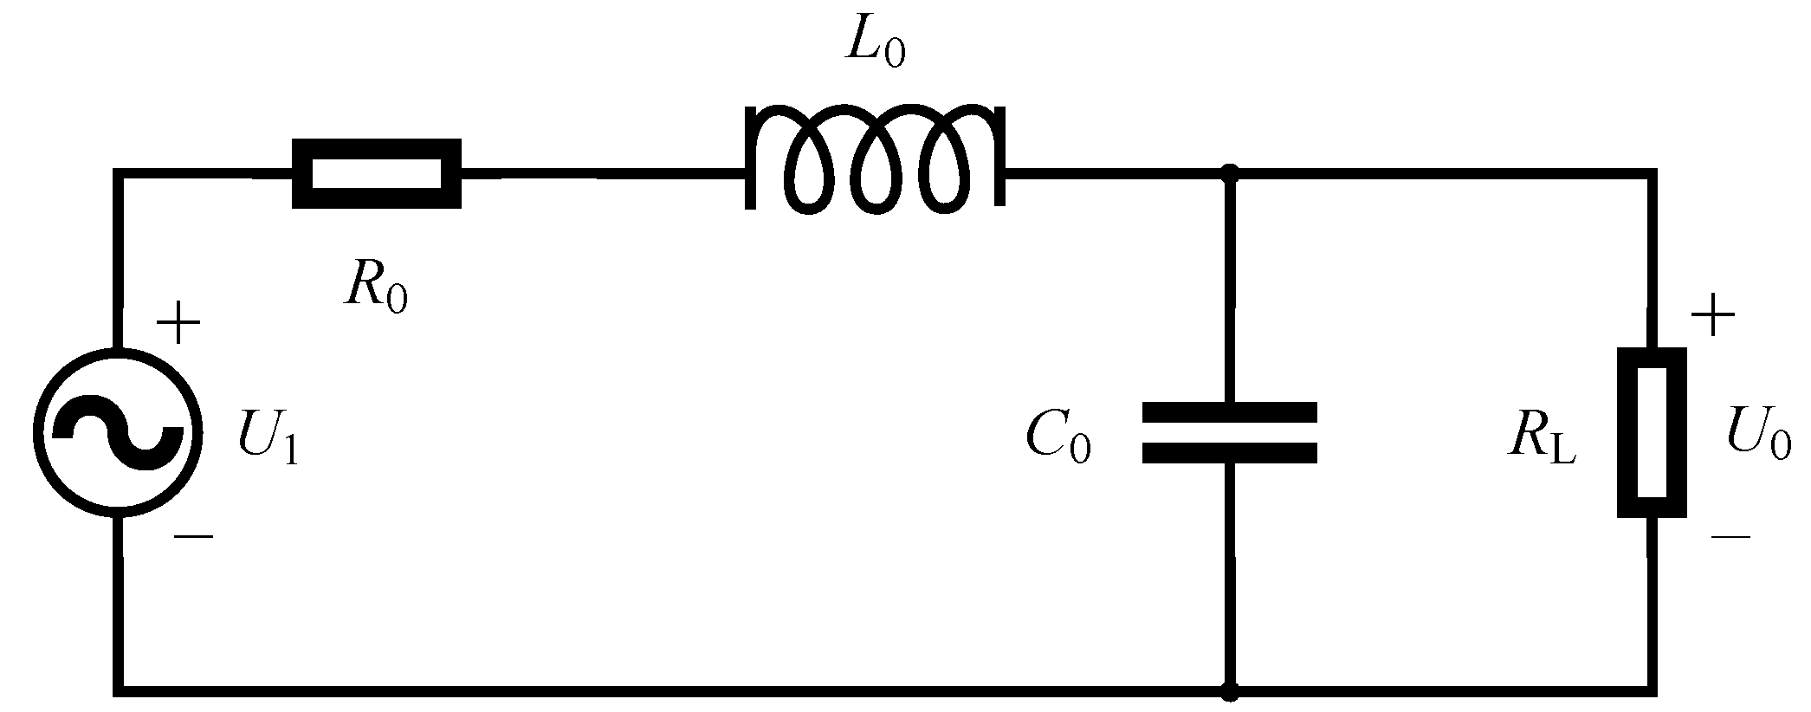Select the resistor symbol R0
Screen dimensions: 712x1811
pos(376,173)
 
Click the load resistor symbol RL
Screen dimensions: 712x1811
pos(1652,432)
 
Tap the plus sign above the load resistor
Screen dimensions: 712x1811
pos(1712,318)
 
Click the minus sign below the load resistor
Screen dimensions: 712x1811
pos(1730,537)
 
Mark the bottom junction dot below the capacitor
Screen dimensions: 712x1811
pos(1229,691)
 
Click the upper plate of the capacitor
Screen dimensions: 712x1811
pos(1229,412)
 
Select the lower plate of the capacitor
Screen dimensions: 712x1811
pos(1229,452)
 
